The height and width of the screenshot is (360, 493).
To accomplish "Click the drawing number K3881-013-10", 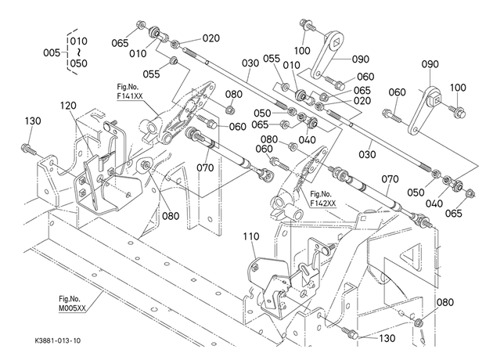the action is [58, 340].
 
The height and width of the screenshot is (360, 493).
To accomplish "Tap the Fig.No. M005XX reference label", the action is [72, 304].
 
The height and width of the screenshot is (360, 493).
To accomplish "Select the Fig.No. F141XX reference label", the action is [129, 92].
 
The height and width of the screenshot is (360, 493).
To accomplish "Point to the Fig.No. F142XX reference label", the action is [323, 199].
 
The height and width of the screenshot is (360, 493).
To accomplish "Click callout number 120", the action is [68, 106].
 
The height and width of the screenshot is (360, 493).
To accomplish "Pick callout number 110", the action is [251, 236].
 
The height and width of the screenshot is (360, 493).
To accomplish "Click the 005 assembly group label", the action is [52, 52].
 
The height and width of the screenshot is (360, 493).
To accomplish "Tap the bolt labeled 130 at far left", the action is [27, 148].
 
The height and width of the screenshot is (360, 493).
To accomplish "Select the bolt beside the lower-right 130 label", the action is [350, 332].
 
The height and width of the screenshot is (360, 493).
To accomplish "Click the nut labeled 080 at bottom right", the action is [419, 322].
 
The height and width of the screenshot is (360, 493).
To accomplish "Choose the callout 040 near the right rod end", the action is [434, 203].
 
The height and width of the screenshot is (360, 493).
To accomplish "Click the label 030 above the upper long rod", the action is [250, 63].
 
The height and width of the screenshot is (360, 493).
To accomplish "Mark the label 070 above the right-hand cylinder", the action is [390, 179].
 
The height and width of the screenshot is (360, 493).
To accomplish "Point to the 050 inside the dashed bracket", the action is [78, 63].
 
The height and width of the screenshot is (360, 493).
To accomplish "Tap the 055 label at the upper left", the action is [151, 74].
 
